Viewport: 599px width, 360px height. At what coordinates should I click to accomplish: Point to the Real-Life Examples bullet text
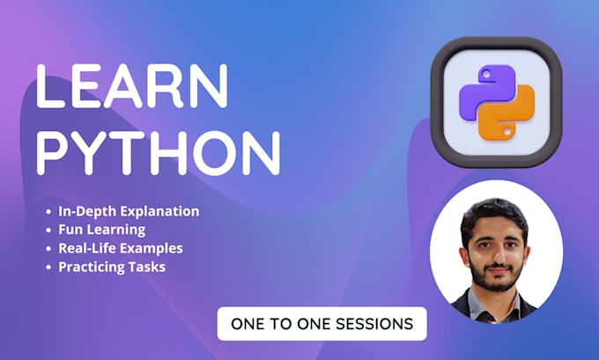(121, 248)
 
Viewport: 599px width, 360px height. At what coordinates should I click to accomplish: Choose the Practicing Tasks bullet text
(113, 266)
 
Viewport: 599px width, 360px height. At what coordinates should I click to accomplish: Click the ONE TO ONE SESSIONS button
(322, 323)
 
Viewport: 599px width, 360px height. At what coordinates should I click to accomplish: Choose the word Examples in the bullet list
(152, 248)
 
